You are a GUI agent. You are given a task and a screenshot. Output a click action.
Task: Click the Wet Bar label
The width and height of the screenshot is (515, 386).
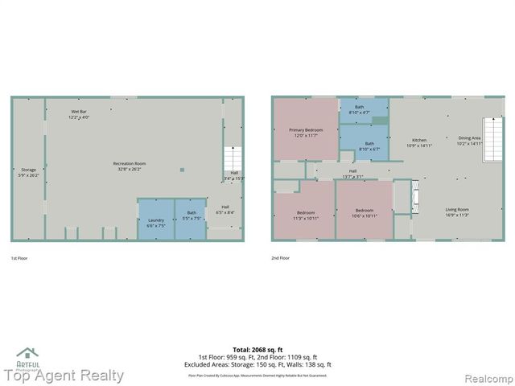point(80,114)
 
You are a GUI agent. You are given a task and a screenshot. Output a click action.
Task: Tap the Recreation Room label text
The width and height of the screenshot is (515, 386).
point(129,166)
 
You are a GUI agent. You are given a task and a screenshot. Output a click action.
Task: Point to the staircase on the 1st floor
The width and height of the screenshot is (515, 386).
point(232,158)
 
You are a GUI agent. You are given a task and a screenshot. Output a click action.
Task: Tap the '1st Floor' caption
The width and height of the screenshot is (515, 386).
point(20,258)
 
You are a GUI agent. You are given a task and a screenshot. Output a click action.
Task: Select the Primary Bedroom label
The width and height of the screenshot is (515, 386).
point(306,132)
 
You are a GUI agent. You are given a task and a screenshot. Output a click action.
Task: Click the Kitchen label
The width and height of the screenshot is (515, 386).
point(420,142)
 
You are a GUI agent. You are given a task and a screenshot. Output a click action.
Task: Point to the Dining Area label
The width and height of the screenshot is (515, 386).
point(469,141)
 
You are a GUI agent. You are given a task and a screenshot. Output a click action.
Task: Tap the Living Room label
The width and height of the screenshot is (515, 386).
point(457,212)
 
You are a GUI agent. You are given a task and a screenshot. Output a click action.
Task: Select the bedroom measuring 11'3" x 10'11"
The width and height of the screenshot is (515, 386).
point(305,215)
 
